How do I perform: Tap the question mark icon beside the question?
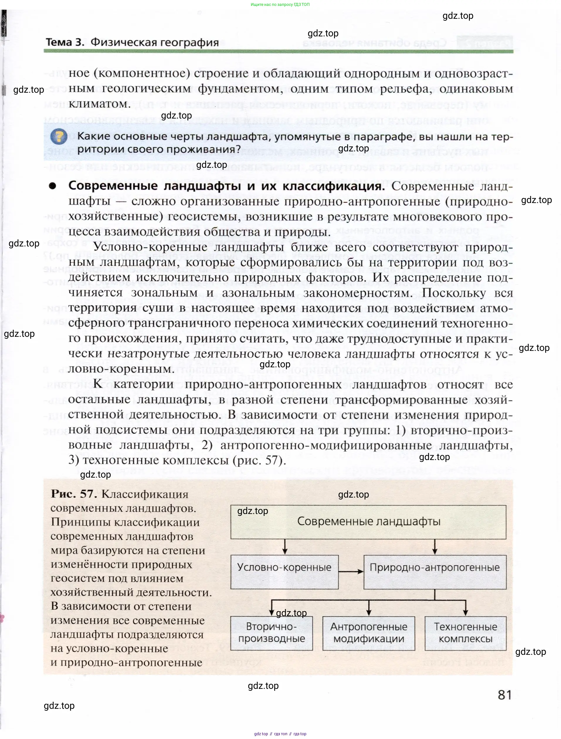click(x=59, y=136)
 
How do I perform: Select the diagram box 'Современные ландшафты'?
click(x=368, y=522)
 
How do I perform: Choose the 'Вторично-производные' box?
click(x=272, y=633)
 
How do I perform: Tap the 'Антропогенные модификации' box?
click(x=369, y=633)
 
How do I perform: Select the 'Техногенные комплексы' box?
click(x=465, y=633)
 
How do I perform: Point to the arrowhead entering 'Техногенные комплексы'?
click(x=465, y=613)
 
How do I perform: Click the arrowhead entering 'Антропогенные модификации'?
click(x=369, y=613)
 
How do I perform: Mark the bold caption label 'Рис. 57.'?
click(x=74, y=494)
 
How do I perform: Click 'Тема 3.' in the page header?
click(x=65, y=43)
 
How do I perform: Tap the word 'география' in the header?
click(x=189, y=43)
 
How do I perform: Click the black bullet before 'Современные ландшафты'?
click(x=52, y=186)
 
